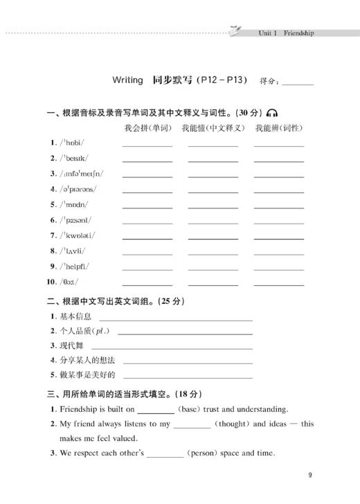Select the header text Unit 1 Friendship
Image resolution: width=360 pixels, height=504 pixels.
(x=286, y=33)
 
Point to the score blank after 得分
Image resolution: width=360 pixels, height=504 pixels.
(x=298, y=82)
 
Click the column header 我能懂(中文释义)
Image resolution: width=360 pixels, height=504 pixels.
(x=213, y=128)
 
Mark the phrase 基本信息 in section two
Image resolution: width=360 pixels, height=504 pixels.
(x=75, y=316)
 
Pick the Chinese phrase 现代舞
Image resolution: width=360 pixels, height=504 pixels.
(x=72, y=345)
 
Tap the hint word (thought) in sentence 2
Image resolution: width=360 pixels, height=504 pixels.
(x=240, y=424)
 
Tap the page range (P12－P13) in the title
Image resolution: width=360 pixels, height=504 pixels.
(x=221, y=80)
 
